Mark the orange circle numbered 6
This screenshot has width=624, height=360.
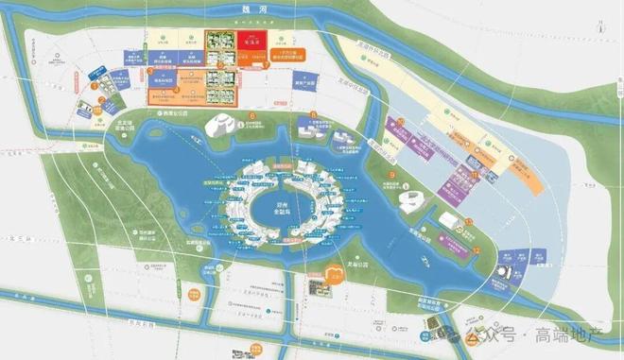point(252,116)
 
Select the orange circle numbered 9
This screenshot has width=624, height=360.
point(390,176)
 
